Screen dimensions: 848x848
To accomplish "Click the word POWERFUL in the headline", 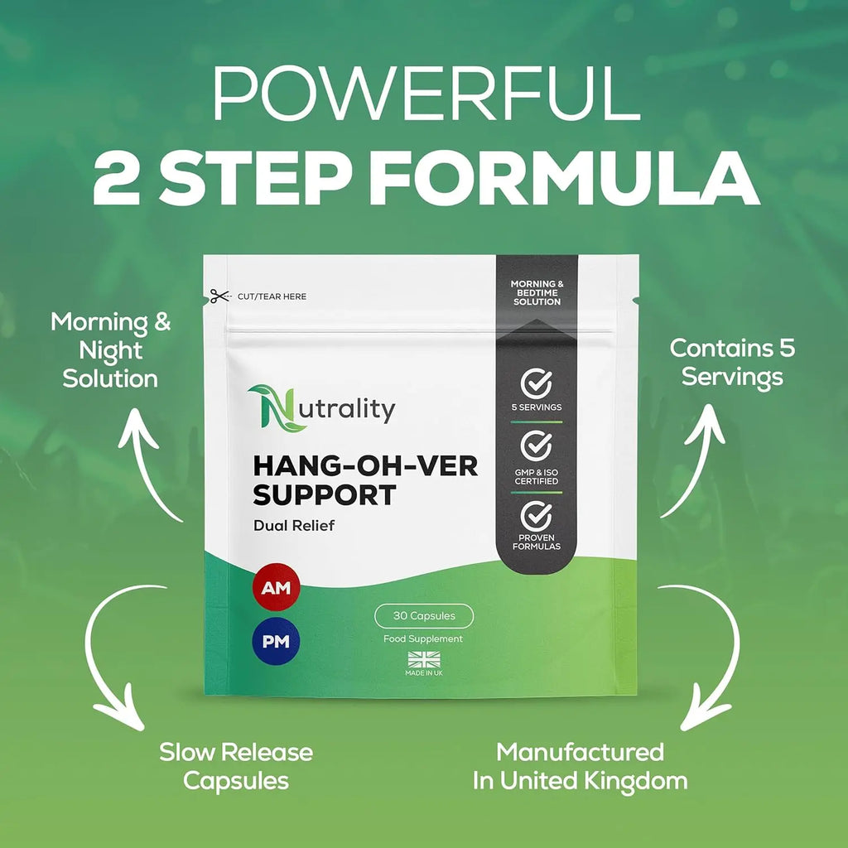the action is [426, 94].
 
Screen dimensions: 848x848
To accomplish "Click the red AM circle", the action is [276, 587].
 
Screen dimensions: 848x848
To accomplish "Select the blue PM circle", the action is [276, 642].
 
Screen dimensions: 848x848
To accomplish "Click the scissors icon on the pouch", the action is [219, 296].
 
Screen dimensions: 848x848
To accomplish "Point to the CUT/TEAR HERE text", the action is [272, 296].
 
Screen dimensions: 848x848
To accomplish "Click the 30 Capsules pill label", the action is [424, 616].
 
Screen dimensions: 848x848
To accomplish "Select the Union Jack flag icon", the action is [424, 660].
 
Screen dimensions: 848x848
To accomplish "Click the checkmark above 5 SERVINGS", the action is [536, 383].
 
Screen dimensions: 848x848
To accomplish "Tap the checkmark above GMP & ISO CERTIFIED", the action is [536, 446].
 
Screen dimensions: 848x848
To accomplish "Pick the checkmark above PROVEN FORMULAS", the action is [536, 516].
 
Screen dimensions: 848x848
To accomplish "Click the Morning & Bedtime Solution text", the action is [537, 292].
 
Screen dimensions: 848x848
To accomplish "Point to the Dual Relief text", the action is [294, 525].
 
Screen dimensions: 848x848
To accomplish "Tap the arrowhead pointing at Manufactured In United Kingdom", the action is [702, 709].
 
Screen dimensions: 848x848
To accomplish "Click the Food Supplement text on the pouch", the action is [423, 638].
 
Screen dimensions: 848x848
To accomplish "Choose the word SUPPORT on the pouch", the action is [325, 495].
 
